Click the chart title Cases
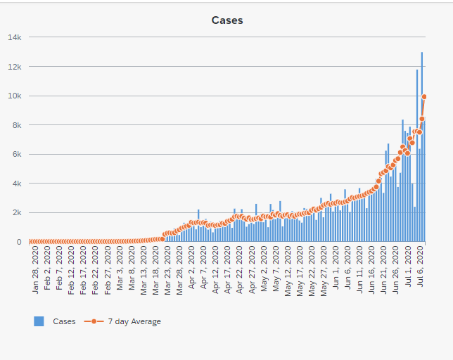pos(227,20)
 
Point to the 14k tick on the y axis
pos(15,37)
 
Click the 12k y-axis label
pos(15,67)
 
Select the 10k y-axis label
pos(15,96)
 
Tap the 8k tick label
pos(17,125)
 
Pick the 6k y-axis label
pos(17,154)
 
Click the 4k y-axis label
pos(17,184)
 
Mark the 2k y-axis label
pos(17,212)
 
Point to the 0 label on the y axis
pos(19,242)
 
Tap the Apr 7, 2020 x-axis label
pos(204,269)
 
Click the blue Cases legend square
pos(39,321)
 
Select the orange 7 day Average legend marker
pos(93,321)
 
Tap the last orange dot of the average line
pos(424,97)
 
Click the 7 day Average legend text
pos(134,321)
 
